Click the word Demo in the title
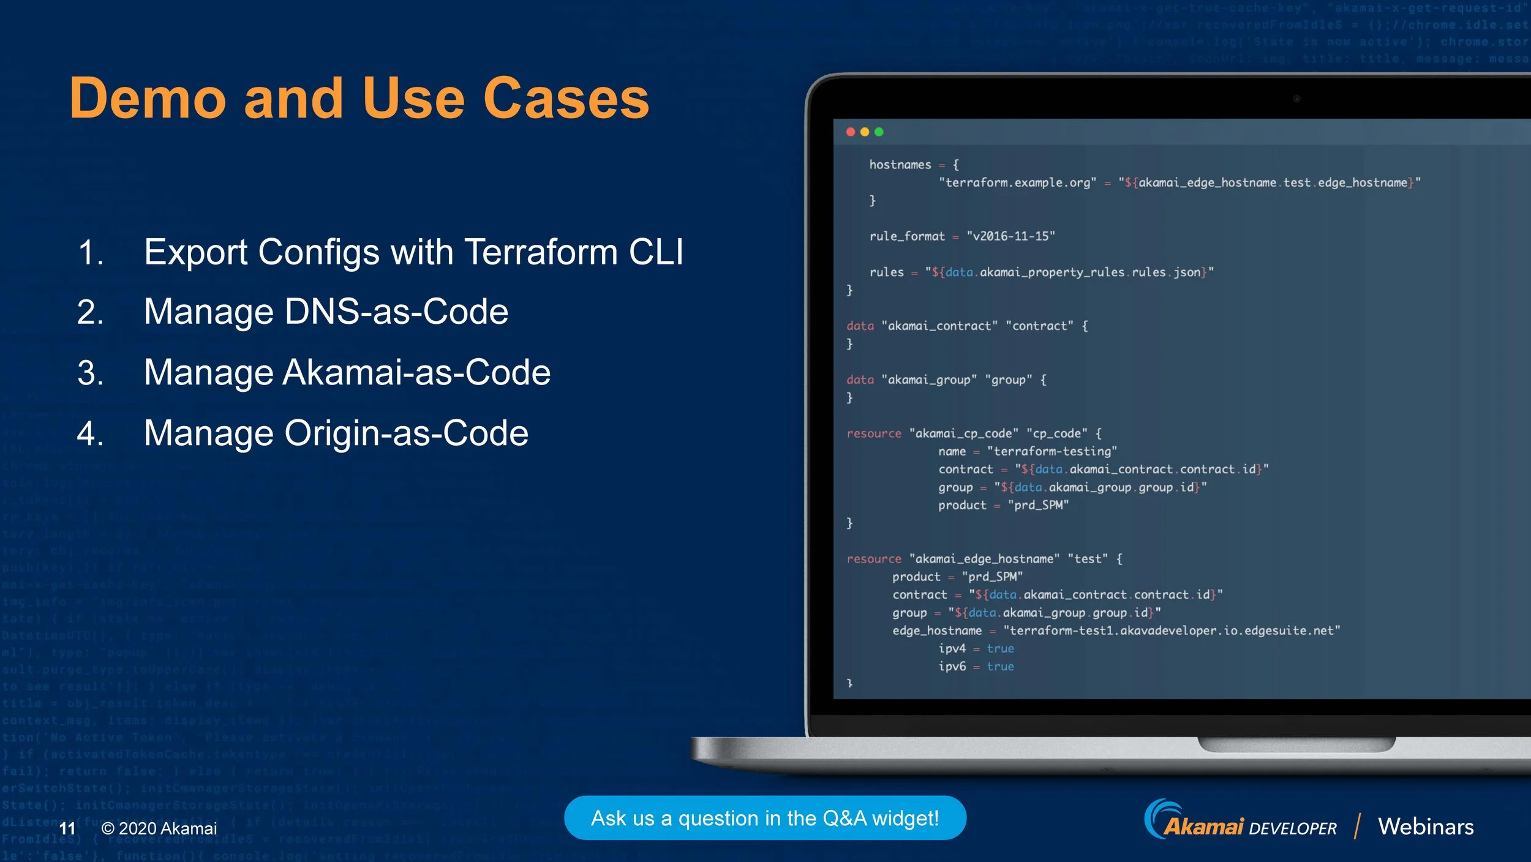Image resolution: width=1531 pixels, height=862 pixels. [x=148, y=99]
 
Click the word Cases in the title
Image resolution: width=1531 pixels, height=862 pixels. [x=566, y=99]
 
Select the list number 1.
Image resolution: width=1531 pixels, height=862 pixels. [x=91, y=252]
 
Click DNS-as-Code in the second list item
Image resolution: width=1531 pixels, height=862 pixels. [x=396, y=312]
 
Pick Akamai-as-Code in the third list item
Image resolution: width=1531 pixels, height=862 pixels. [x=416, y=372]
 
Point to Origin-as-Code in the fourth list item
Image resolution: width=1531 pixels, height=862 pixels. [x=406, y=433]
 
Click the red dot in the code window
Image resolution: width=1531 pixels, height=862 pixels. [x=851, y=132]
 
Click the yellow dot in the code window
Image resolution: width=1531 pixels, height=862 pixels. [x=865, y=132]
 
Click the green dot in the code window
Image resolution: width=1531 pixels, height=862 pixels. [x=879, y=132]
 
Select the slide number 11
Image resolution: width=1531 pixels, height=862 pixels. [x=67, y=828]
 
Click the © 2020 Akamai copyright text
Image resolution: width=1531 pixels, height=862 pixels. [x=159, y=828]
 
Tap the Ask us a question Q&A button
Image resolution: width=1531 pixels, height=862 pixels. [x=764, y=818]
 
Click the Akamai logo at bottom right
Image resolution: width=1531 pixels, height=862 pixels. [x=1194, y=823]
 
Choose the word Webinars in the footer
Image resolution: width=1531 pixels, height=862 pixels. [x=1425, y=826]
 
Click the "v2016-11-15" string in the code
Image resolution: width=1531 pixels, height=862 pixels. [x=1010, y=236]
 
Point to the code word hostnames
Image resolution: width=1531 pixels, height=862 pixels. [x=900, y=165]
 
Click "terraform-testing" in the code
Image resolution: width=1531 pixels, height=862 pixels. [x=1051, y=451]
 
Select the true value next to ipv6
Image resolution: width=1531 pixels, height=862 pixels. [x=1000, y=666]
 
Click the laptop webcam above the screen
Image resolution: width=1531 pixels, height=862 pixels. [x=1296, y=99]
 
